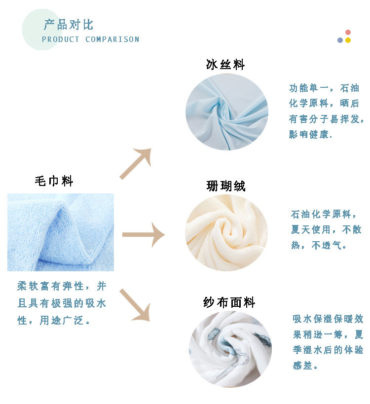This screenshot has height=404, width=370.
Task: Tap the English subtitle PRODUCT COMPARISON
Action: pyautogui.click(x=90, y=39)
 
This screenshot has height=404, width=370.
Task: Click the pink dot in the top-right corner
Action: pyautogui.click(x=348, y=33)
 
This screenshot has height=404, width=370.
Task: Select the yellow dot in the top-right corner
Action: pyautogui.click(x=348, y=40)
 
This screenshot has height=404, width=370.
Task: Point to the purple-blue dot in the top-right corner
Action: pyautogui.click(x=340, y=40)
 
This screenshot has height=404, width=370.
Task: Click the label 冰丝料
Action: pyautogui.click(x=225, y=65)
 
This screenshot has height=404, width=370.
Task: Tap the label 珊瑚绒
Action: pyautogui.click(x=225, y=186)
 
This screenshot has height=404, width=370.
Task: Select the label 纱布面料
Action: pyautogui.click(x=229, y=302)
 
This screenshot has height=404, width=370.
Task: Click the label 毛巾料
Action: pyautogui.click(x=54, y=181)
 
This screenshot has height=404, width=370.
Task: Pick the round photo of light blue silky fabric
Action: pyautogui.click(x=226, y=112)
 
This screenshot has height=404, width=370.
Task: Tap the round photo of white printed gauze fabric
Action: pyautogui.click(x=230, y=349)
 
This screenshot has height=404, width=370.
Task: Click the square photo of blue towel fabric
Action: pyautogui.click(x=61, y=232)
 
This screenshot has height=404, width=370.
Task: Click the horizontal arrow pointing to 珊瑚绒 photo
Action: pyautogui.click(x=144, y=234)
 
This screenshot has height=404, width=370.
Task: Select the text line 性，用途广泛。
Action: pyautogui.click(x=54, y=321)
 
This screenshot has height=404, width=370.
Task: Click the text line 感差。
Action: pyautogui.click(x=306, y=366)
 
